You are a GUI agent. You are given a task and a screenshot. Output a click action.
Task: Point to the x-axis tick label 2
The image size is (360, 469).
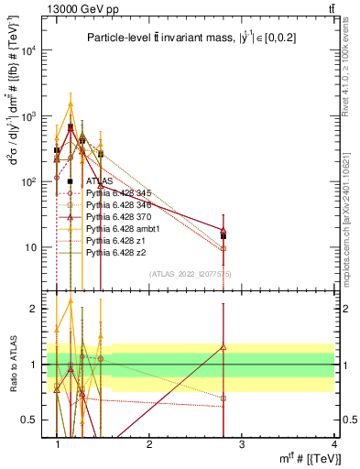click(x=149, y=443)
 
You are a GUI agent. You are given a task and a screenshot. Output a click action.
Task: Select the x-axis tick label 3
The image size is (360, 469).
click(x=242, y=443)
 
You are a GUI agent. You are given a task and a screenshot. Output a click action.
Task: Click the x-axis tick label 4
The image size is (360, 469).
click(x=333, y=443)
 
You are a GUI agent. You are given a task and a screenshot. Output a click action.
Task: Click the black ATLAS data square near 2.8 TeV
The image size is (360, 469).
click(x=224, y=236)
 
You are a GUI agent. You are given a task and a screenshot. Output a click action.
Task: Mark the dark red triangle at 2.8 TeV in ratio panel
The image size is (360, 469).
click(x=224, y=347)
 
